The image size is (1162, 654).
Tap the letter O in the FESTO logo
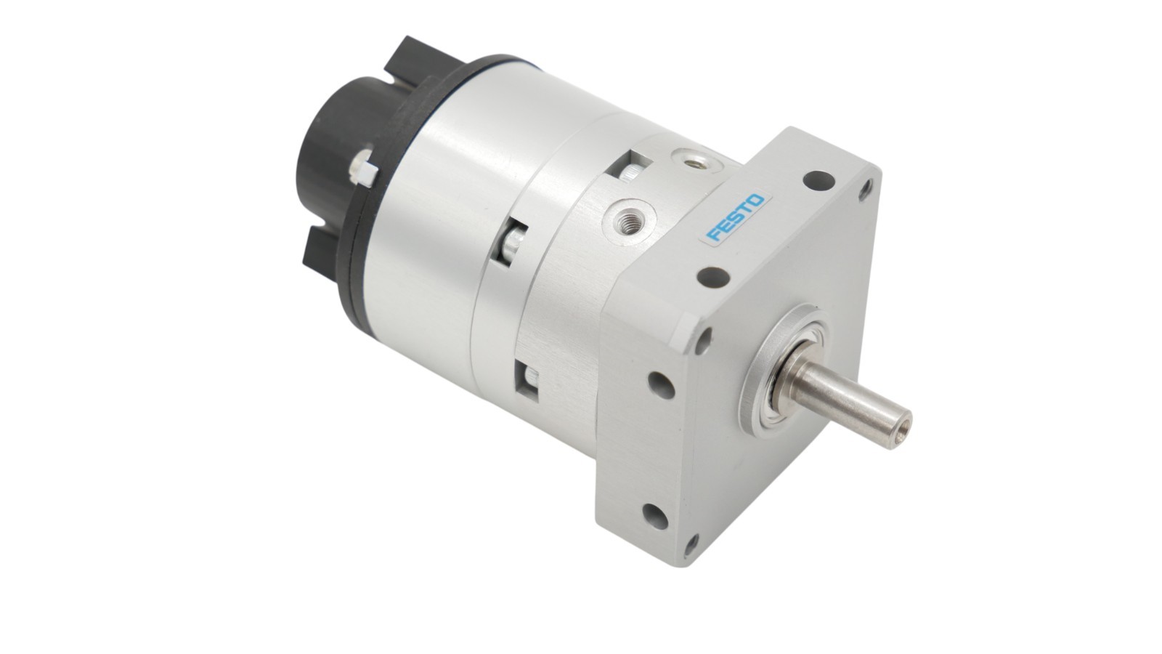coord(757,201)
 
